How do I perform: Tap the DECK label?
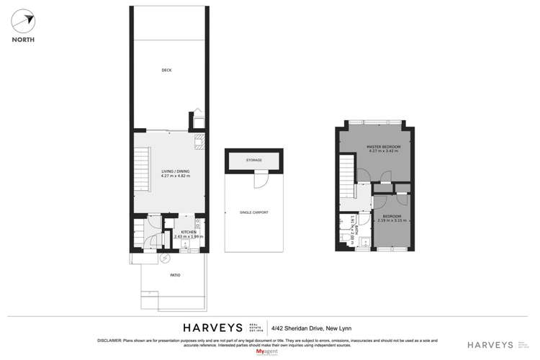coord(166,70)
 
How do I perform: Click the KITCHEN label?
coord(189,231)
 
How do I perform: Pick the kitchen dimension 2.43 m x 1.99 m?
coord(189,236)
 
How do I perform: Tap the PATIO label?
coord(175,275)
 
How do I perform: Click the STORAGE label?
coord(253,160)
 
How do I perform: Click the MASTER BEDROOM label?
coord(383,147)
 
